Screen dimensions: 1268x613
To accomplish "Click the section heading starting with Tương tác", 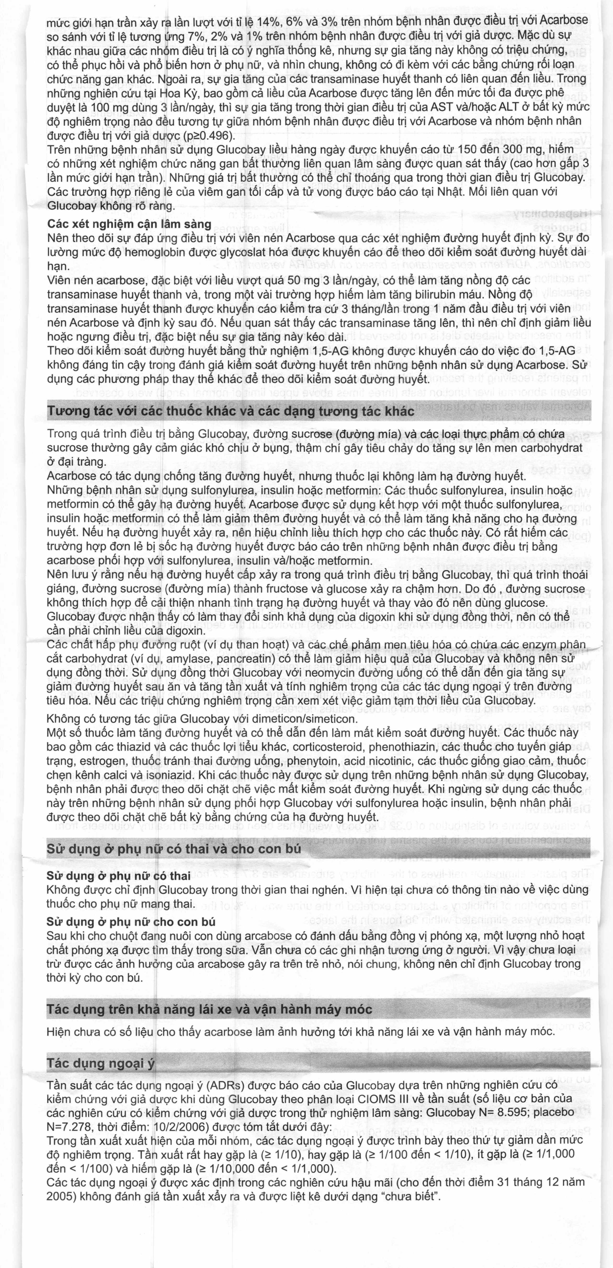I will point(230,411).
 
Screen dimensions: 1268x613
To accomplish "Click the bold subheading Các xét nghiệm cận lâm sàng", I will point(129,224).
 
